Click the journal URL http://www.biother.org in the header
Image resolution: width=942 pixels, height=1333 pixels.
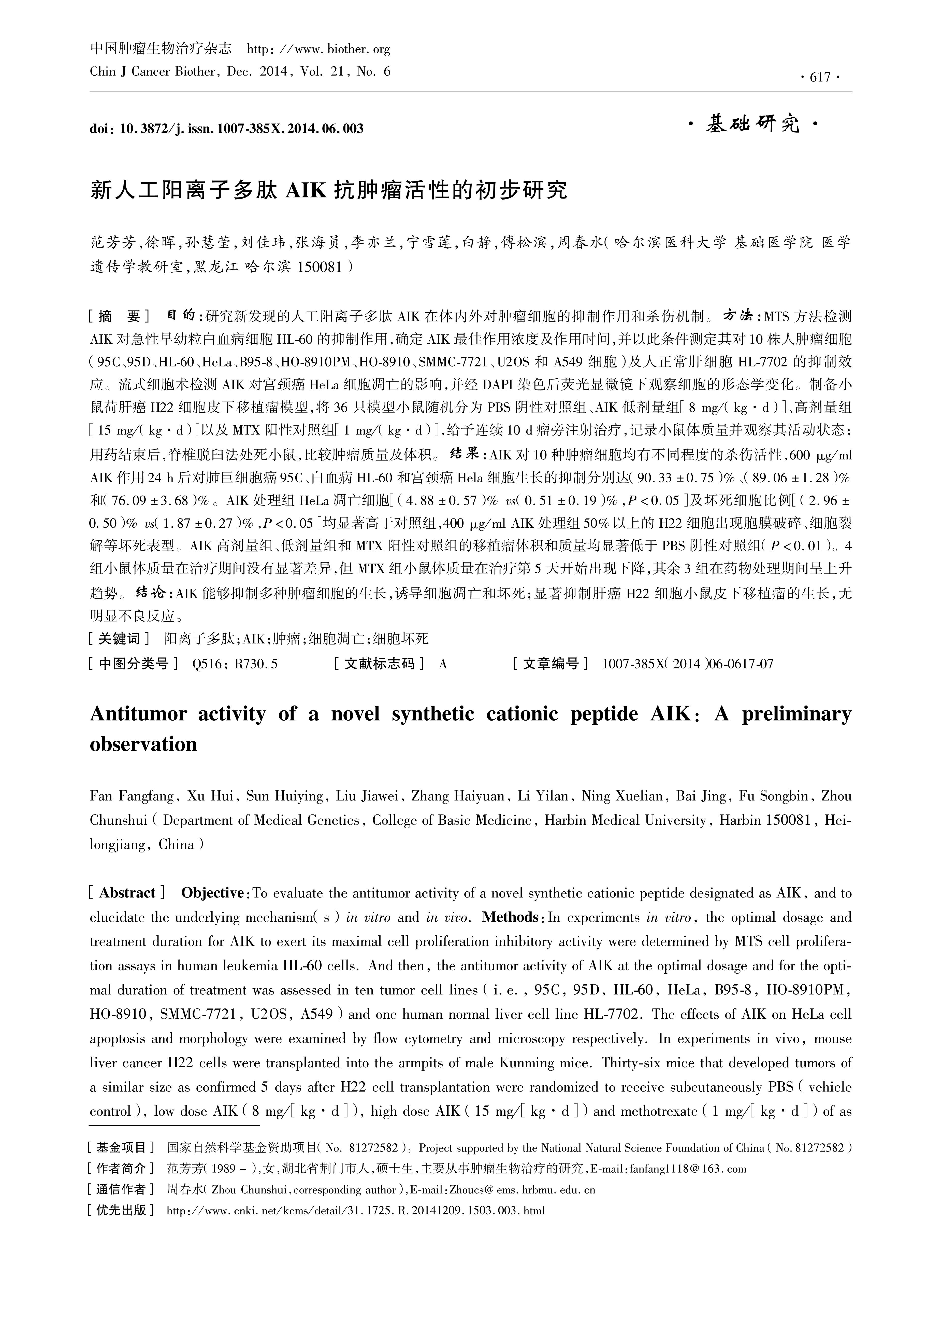[319, 49]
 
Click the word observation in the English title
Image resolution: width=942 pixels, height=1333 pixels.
[143, 745]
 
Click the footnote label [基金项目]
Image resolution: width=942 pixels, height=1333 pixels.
[120, 1148]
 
